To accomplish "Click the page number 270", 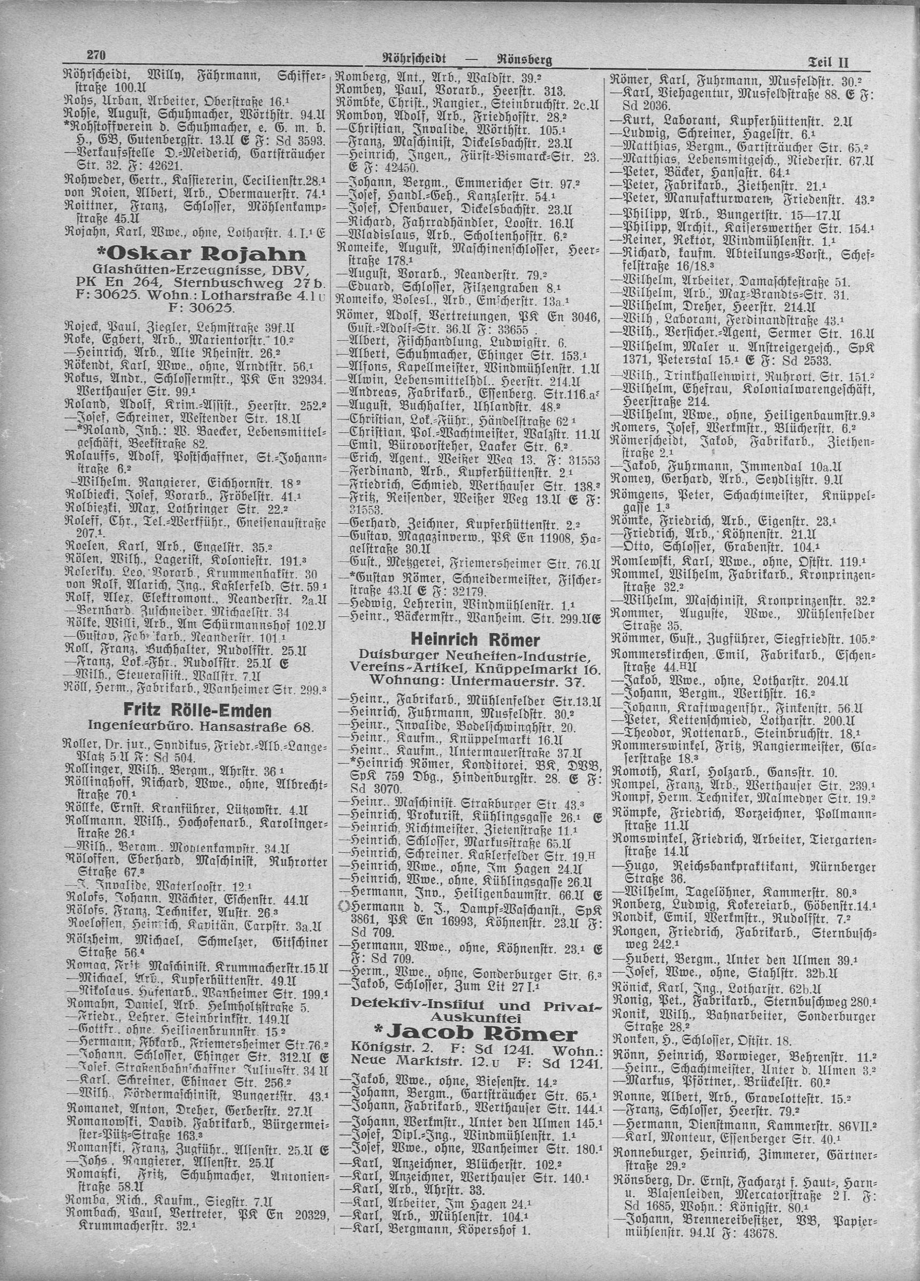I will [97, 55].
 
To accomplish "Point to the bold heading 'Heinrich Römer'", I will [476, 639].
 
